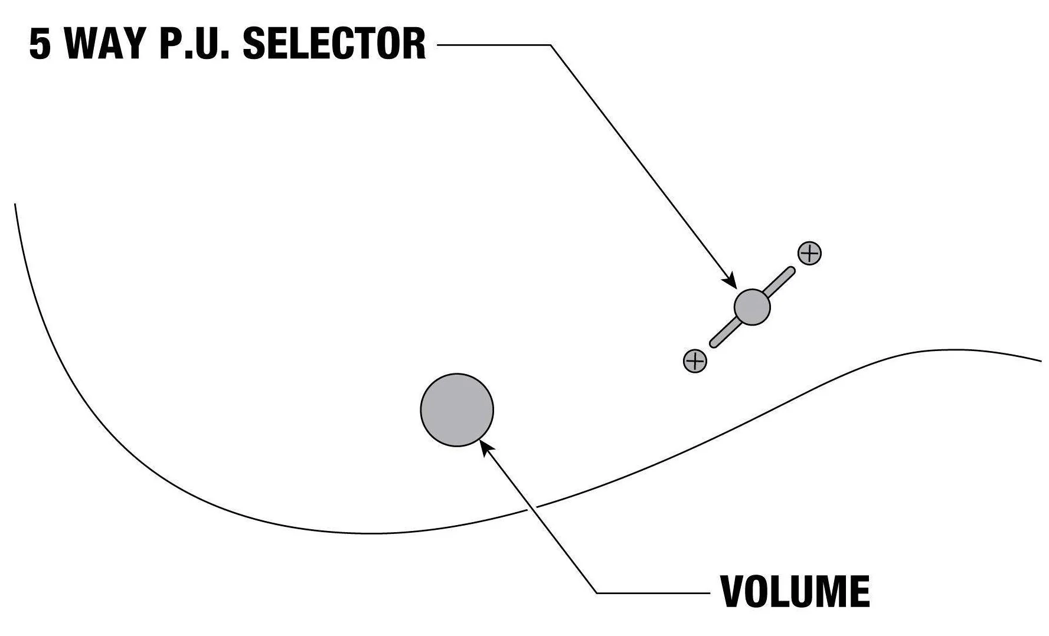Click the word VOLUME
tap(795, 591)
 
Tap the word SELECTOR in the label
tap(334, 44)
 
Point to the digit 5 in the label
tap(40, 44)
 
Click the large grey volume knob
tap(457, 409)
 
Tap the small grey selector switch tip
tap(752, 307)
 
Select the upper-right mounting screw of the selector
tap(809, 254)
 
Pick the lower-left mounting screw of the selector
tap(695, 360)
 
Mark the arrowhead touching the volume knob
tap(485, 447)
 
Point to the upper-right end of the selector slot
tap(791, 271)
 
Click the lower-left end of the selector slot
tap(713, 343)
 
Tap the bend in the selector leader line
tap(550, 44)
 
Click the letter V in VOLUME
tap(732, 591)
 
